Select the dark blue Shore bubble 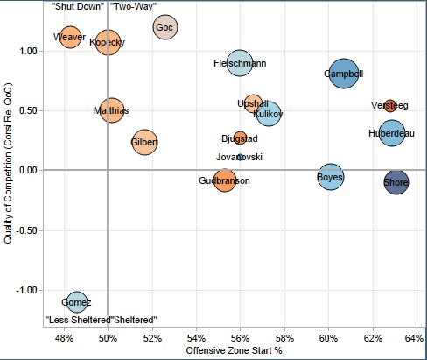click(395, 182)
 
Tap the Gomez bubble click(77, 302)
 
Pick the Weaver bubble click(70, 37)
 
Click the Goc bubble click(164, 28)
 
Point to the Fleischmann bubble click(241, 63)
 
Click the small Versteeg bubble click(390, 105)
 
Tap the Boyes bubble click(330, 177)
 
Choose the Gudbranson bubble click(225, 180)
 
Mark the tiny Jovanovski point click(240, 157)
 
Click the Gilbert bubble click(145, 142)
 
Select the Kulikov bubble click(269, 114)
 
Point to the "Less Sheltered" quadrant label click(77, 320)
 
